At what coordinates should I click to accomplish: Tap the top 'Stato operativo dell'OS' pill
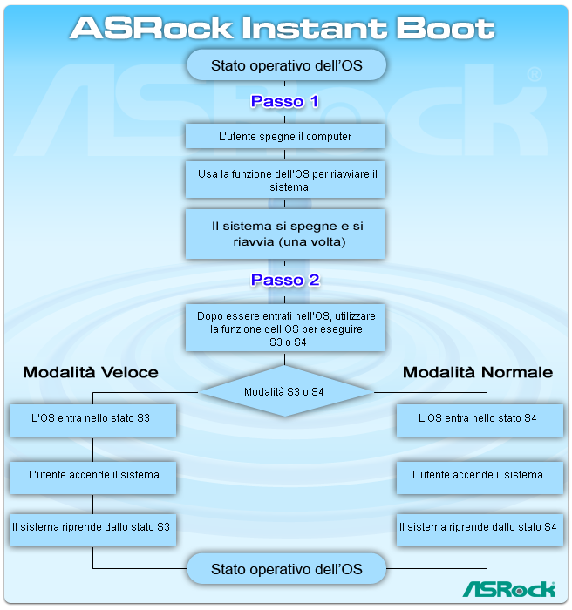286,65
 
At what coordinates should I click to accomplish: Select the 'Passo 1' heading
285,102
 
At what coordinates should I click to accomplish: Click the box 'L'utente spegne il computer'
285,137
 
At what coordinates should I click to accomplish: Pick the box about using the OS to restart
285,180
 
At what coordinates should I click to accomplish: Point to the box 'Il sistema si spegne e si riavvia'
285,234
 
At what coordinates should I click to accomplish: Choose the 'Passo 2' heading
285,281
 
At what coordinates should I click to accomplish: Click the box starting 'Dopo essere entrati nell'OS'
285,328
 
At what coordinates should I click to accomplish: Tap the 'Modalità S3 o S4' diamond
285,392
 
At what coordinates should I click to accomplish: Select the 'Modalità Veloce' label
91,372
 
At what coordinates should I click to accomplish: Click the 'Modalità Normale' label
478,372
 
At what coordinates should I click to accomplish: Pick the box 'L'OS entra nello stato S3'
92,419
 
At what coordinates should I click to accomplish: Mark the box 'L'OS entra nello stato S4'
478,419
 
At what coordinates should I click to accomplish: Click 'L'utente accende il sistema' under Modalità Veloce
93,475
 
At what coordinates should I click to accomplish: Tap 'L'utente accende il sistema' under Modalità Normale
478,475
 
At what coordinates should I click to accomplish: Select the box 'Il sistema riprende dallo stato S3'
92,527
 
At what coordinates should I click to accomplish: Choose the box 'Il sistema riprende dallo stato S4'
478,527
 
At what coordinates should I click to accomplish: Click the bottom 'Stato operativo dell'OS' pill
286,570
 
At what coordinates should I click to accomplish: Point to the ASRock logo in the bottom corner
509,589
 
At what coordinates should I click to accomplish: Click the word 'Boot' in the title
446,28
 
